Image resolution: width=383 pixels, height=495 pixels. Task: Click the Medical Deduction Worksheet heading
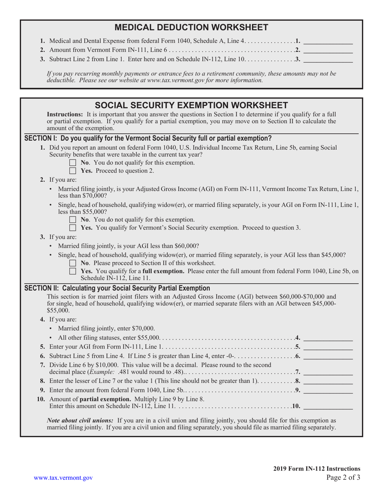tap(191, 27)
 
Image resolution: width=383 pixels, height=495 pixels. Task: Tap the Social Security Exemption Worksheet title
tap(191, 105)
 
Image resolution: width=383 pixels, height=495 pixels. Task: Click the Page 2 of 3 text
tap(343, 478)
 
